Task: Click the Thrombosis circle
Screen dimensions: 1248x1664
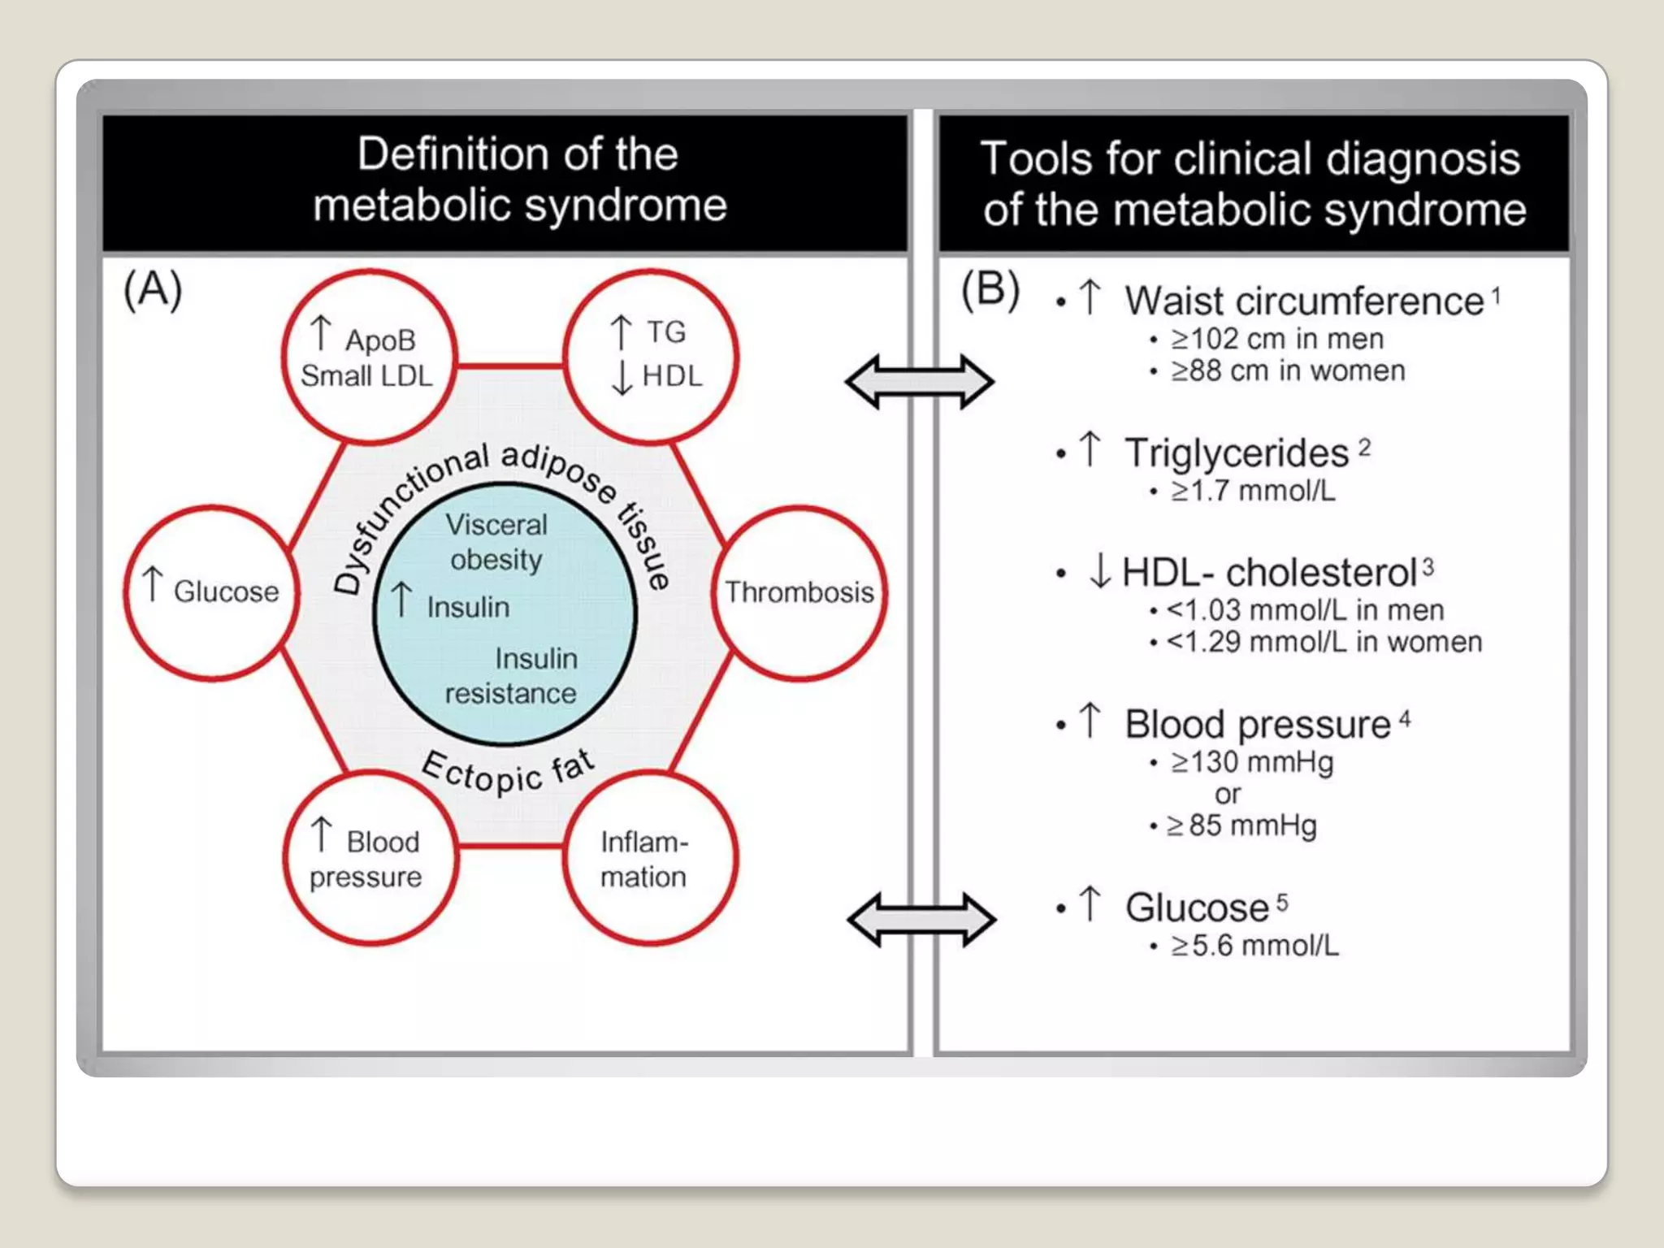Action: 799,592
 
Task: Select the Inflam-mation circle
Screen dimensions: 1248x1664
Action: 649,858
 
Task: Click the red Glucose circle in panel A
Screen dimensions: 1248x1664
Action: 212,592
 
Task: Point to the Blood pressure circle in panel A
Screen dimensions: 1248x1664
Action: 370,858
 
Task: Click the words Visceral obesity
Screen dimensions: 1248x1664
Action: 496,542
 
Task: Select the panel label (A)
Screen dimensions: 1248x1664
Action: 153,290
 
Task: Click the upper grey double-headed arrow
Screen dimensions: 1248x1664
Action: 919,381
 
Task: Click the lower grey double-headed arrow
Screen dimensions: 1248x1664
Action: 921,919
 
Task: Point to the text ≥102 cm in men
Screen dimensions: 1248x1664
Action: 1276,339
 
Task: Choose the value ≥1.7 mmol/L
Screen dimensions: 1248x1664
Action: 1252,491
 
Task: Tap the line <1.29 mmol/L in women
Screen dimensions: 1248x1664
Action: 1324,642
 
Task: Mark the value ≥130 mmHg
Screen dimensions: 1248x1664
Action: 1251,762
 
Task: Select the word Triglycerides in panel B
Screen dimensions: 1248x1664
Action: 1236,453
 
